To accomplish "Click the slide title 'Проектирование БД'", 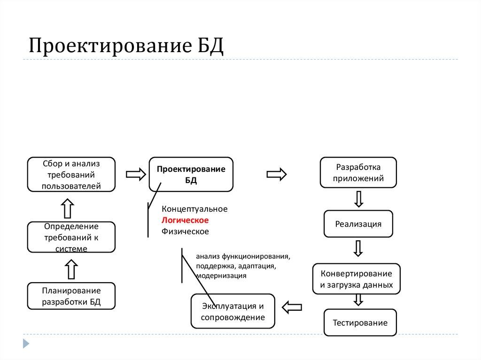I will (126, 46).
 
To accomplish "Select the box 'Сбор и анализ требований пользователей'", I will (71, 175).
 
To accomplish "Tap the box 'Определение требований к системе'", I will (71, 237).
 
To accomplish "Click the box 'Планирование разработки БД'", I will (71, 296).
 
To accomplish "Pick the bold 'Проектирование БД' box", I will (191, 175).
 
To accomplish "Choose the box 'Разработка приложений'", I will (358, 172).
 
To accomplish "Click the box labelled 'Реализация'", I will (358, 224).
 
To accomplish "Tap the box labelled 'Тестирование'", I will (360, 322).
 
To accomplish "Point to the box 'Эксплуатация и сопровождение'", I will (233, 312).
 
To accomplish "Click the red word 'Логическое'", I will (185, 220).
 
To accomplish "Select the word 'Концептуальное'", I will (194, 209).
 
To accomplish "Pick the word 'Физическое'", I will (185, 231).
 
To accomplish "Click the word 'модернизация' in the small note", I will (221, 276).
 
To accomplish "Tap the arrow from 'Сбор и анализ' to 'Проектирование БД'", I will (136, 175).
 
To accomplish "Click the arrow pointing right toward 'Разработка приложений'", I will (277, 174).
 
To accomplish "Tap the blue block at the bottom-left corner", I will (26, 343).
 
